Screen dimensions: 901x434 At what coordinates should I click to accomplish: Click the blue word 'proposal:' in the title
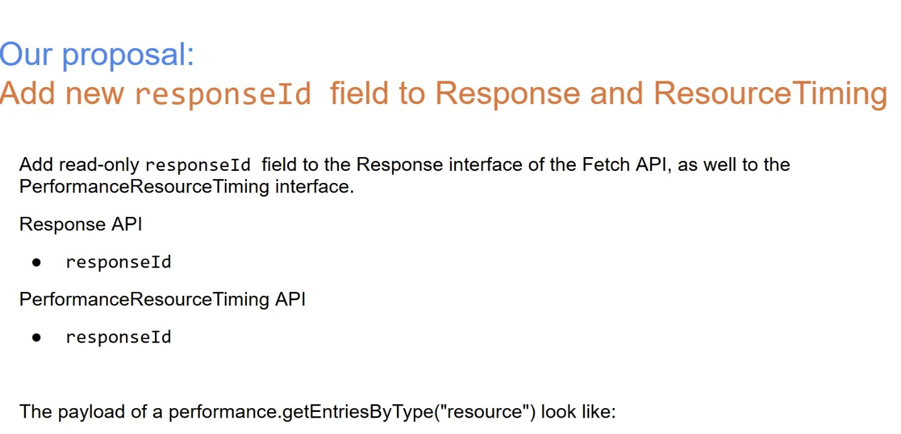tap(128, 56)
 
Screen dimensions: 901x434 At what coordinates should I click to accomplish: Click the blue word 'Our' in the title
tap(26, 54)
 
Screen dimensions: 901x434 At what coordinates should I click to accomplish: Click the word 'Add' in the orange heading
tap(27, 93)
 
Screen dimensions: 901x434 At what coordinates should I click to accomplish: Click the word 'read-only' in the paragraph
tap(99, 165)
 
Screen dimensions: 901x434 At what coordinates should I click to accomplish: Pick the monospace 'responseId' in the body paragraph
tap(198, 166)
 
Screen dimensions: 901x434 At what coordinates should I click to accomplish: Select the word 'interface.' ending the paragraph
tap(314, 186)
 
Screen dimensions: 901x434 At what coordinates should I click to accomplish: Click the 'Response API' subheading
tap(81, 224)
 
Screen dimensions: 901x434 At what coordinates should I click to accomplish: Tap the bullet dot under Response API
tap(37, 263)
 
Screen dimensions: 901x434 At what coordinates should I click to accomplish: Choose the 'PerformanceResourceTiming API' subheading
tap(163, 299)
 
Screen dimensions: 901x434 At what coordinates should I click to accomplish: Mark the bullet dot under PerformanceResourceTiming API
tap(37, 337)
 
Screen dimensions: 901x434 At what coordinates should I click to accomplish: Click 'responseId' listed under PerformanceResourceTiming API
tap(118, 337)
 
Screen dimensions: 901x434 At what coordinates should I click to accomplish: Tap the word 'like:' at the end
tap(598, 411)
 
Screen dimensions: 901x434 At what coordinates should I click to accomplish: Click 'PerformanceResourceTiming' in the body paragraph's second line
tap(144, 187)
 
